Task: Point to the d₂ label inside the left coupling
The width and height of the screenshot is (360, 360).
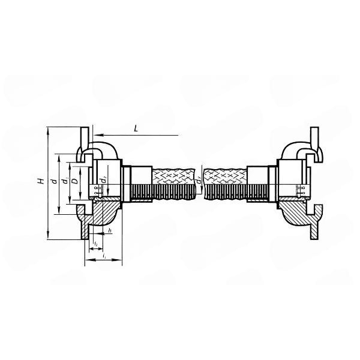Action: click(x=103, y=179)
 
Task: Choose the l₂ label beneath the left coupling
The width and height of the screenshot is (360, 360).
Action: click(x=96, y=242)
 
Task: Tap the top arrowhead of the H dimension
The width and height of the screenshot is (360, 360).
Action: click(x=47, y=130)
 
